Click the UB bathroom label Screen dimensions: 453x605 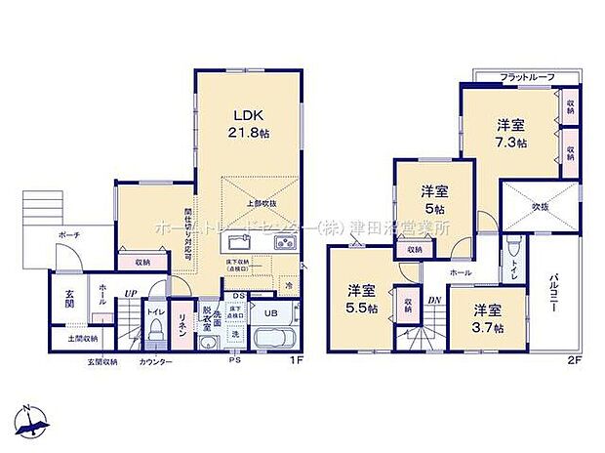[272, 313]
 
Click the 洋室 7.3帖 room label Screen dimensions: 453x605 [510, 133]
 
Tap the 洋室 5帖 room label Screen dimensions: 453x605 [434, 199]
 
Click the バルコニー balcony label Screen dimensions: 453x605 [553, 293]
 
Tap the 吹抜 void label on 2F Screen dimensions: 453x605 [541, 207]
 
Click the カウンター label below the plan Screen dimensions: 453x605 [157, 362]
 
